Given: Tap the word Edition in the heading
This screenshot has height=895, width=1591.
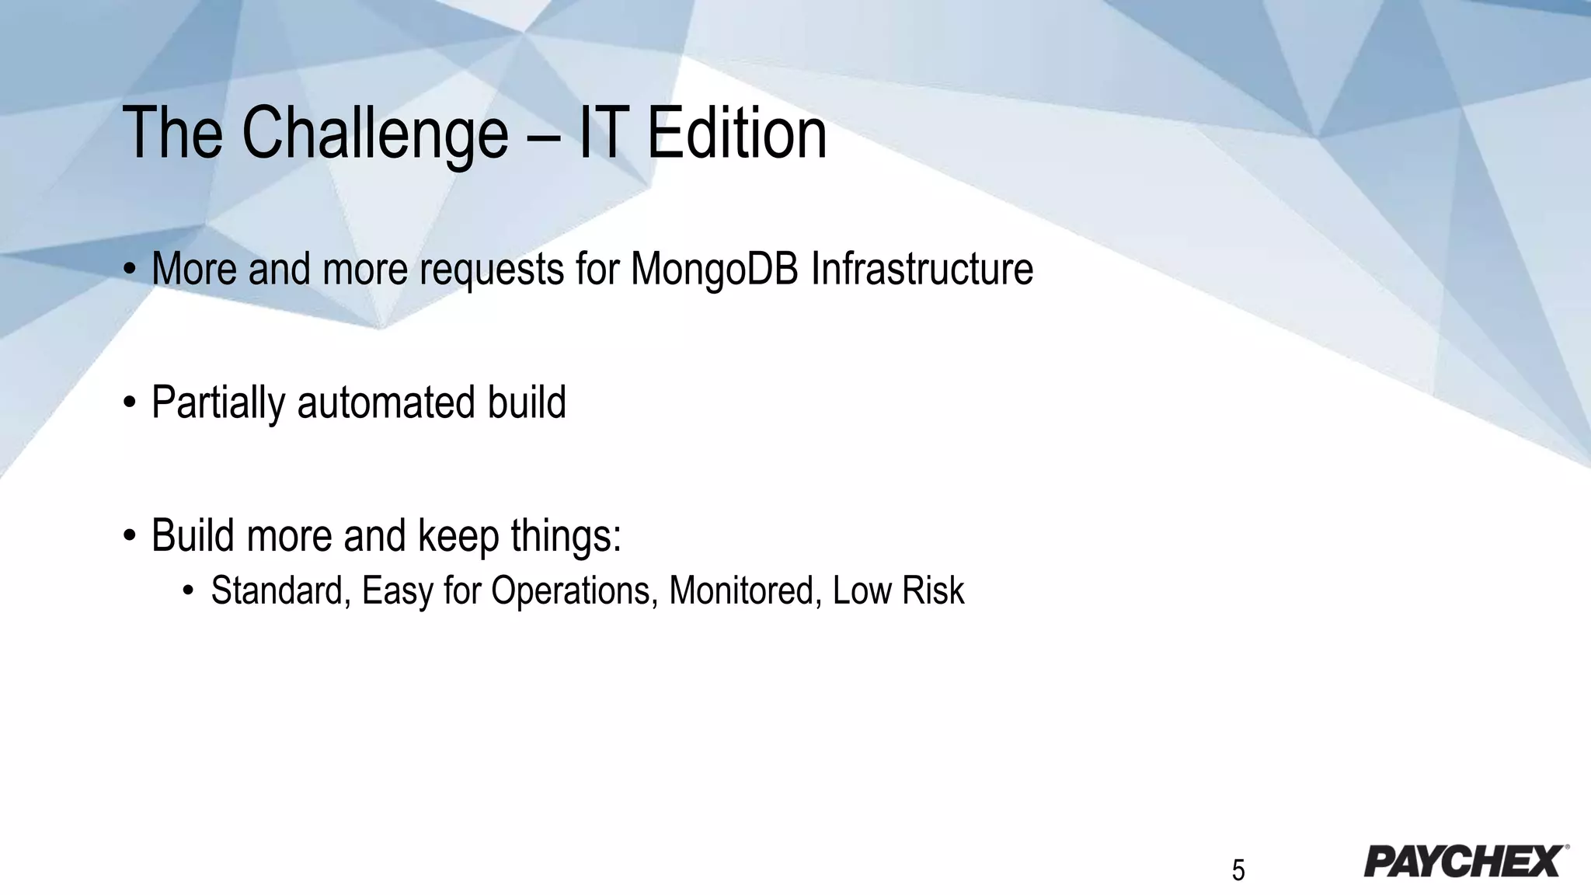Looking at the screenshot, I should click(736, 134).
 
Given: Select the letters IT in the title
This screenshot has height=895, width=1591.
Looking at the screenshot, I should click(601, 134).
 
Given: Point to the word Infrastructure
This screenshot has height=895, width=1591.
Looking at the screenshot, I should click(922, 269).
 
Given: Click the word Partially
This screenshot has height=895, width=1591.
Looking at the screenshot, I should click(218, 403).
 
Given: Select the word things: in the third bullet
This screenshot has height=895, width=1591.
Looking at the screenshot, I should click(566, 536).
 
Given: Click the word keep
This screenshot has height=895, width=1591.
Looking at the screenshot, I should click(458, 536).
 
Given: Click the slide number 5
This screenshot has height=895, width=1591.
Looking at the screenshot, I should click(1238, 870).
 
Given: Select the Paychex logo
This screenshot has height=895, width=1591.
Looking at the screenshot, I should click(1465, 861).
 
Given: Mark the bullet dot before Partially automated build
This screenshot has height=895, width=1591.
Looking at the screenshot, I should click(130, 403).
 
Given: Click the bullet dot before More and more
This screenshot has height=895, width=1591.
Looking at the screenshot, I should click(130, 270).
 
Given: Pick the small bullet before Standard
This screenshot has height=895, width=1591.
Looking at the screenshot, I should click(187, 591).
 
